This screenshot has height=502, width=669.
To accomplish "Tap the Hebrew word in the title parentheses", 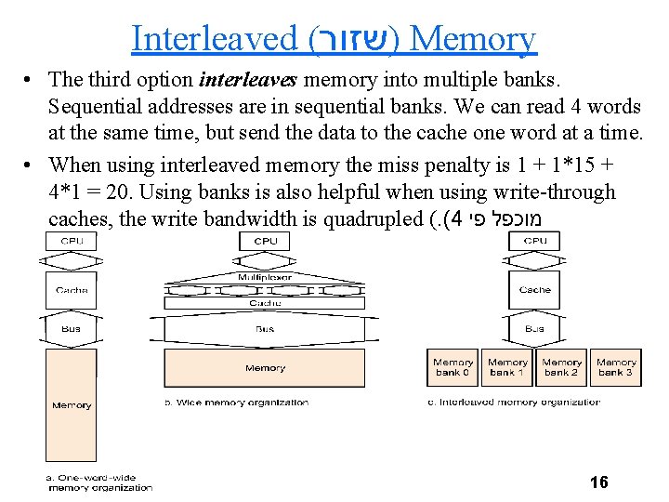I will pos(352,39).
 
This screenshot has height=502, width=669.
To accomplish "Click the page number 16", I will pos(599,482).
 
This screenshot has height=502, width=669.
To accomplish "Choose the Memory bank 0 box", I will pos(453,367).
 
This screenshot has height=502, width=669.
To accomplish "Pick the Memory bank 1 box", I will pos(507,367).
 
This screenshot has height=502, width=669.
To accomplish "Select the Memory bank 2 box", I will pos(562,367).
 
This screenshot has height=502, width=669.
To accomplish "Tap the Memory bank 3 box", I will pos(616,367).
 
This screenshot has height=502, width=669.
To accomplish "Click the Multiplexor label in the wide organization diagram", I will pos(265,277).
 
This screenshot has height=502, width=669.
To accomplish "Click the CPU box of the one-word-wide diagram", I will pos(72,240).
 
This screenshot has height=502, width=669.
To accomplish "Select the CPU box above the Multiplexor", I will pos(265,241).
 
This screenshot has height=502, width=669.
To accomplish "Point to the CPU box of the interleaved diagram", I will pos(535,240).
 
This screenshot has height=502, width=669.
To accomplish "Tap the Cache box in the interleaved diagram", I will pos(535,290).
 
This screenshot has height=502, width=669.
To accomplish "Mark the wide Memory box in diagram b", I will pos(265,368).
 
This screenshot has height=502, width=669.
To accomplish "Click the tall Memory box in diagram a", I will pos(72,405).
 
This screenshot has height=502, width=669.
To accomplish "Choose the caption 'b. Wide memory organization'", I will pos(237,403).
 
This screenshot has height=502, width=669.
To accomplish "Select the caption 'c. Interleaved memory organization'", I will pos(514,403).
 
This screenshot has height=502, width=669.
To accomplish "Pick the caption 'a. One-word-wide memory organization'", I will pos(98,482).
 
